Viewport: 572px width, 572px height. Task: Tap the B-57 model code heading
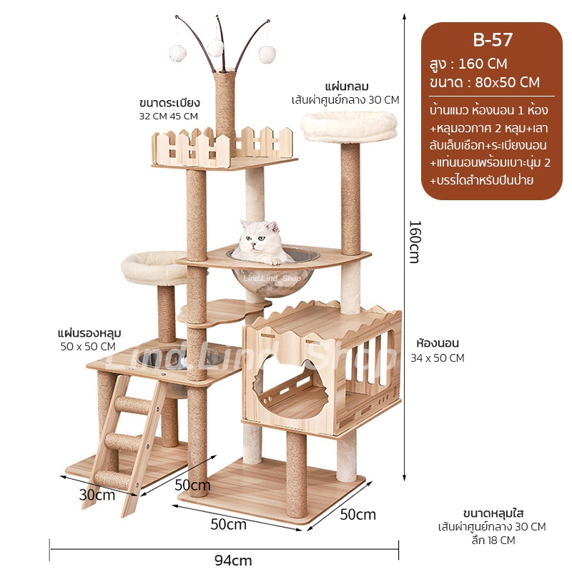493,39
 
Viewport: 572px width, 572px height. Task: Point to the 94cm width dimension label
233,560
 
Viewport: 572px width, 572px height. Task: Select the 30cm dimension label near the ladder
97,494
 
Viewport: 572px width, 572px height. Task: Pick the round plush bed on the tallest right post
340,127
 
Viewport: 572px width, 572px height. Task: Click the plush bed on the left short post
154,265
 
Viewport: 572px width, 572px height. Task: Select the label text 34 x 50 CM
437,358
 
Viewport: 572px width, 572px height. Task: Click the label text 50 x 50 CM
88,346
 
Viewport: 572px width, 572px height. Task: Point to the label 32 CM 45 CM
168,116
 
